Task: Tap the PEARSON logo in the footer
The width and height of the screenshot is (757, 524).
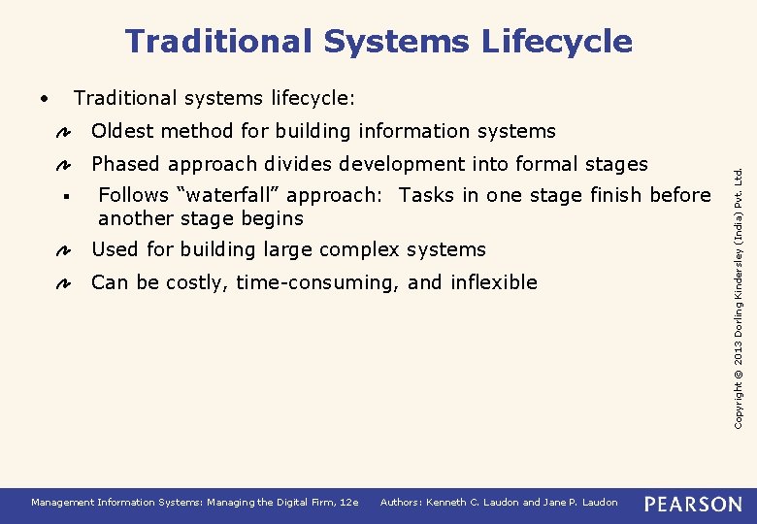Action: pos(693,504)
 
